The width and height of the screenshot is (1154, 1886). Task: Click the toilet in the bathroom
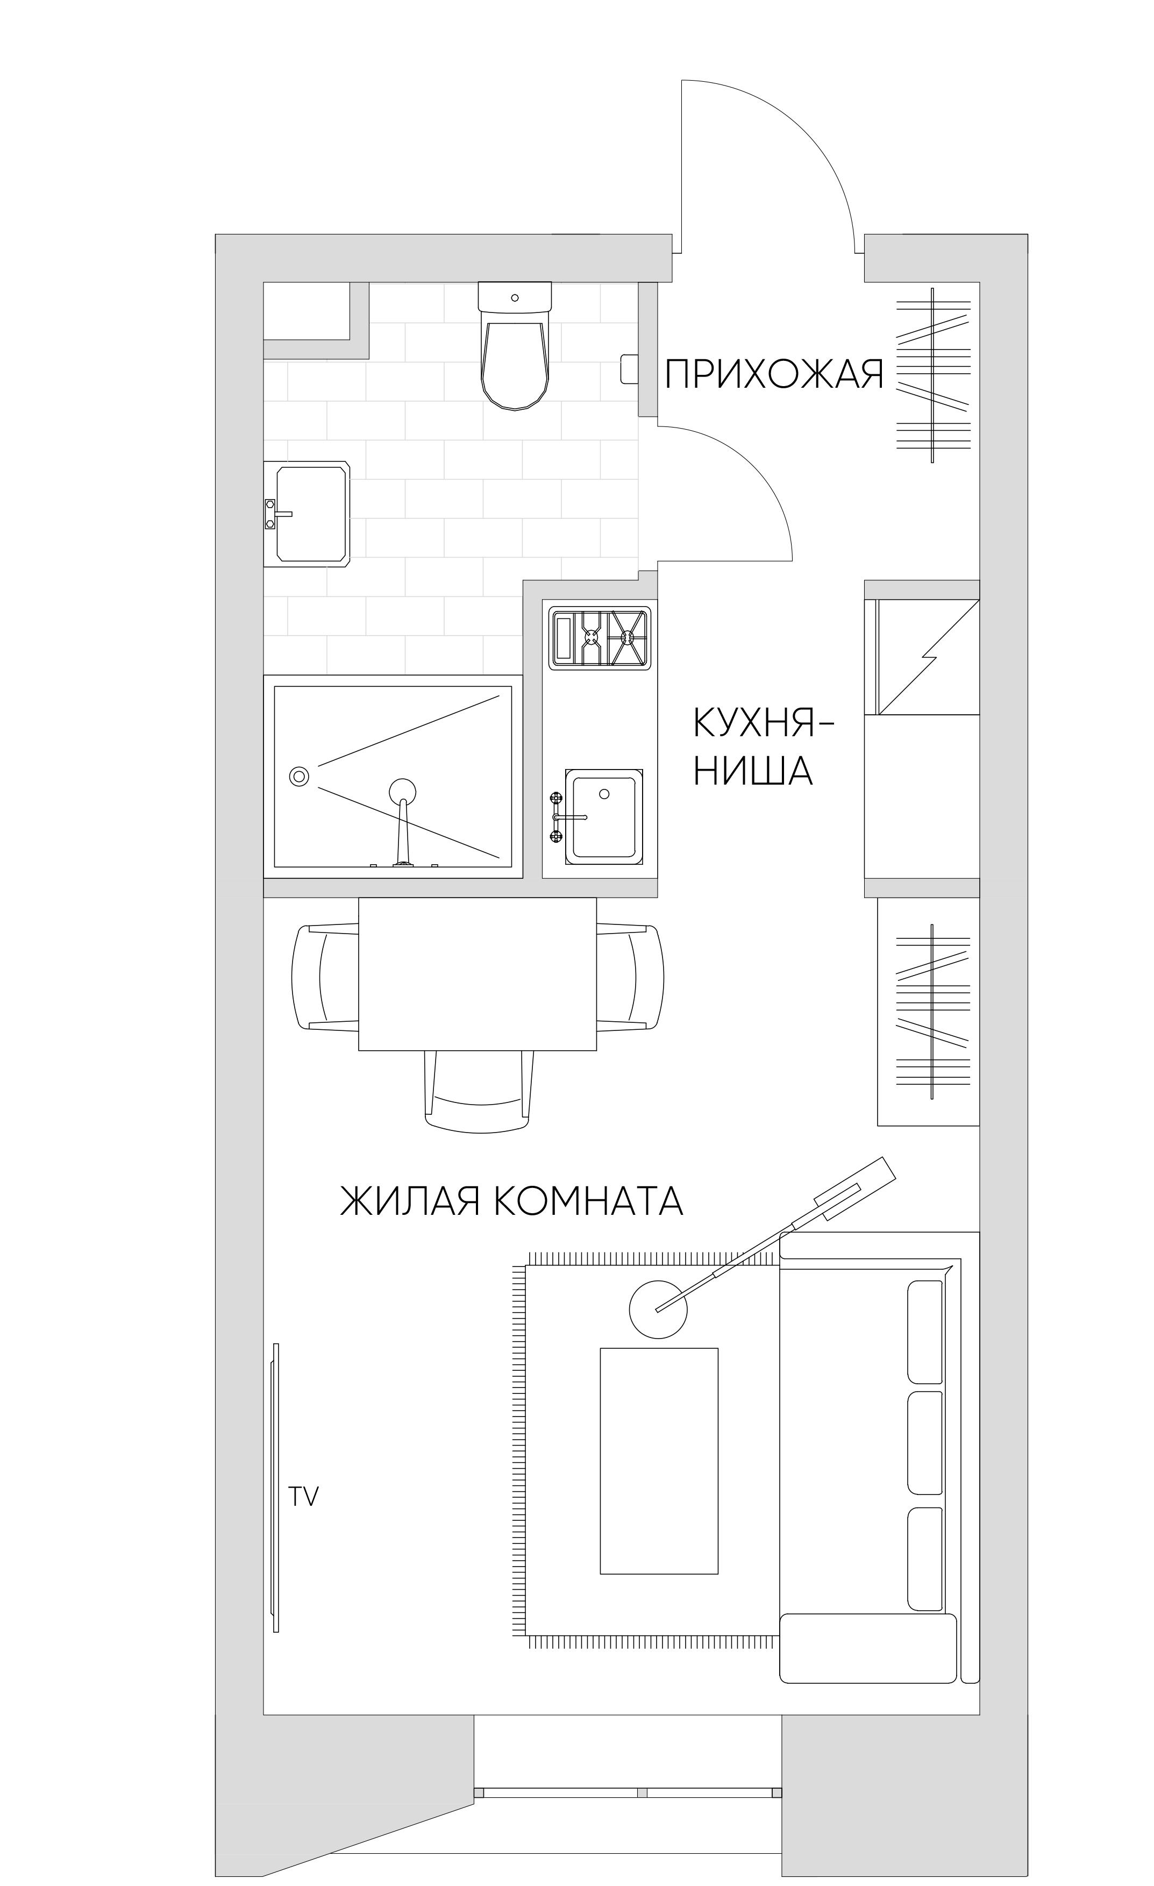[514, 352]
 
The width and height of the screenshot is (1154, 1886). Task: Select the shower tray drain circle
[299, 776]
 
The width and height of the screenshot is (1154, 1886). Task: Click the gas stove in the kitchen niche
[599, 636]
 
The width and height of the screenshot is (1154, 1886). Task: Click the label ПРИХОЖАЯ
[774, 375]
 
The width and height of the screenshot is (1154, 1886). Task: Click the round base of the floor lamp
[658, 1309]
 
